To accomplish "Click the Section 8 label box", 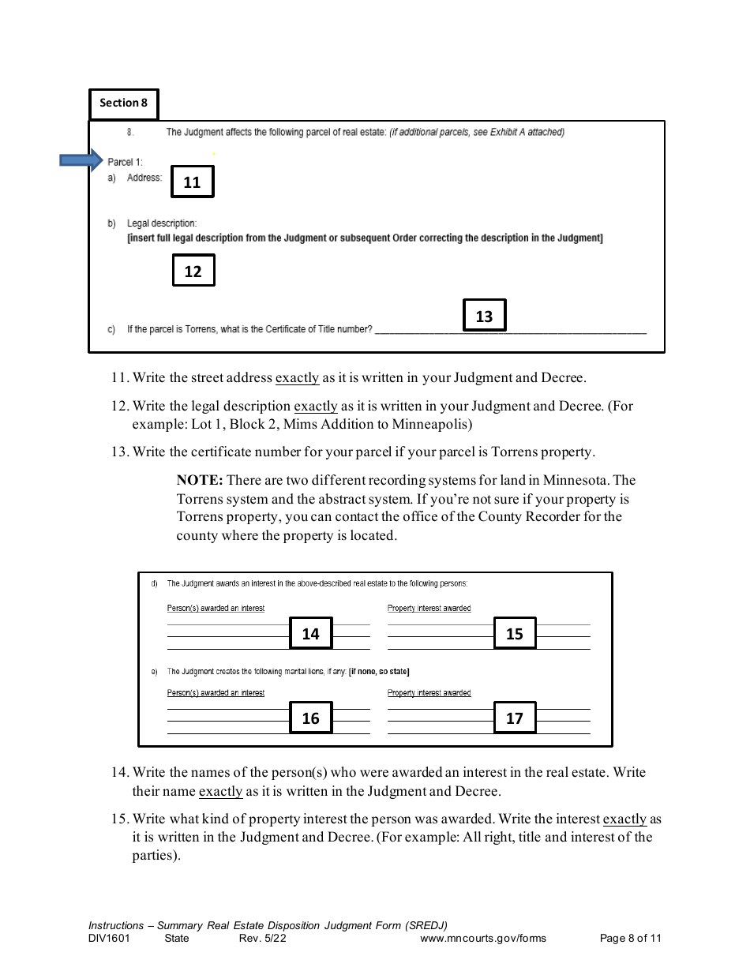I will [x=123, y=103].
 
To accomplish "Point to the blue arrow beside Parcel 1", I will [x=81, y=161].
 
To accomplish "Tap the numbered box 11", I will [x=192, y=182].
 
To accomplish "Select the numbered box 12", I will [x=193, y=271].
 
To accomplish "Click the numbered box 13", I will [x=484, y=316].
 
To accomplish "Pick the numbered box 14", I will [x=310, y=633].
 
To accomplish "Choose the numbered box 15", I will [x=514, y=633].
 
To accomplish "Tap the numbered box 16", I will [x=310, y=718].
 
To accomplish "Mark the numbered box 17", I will [x=514, y=718].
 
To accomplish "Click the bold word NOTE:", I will [x=201, y=480].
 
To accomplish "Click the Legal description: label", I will [x=162, y=223].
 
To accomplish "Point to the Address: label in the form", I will [x=144, y=178].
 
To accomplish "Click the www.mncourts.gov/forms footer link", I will [x=482, y=939].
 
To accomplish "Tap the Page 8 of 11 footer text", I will [x=630, y=939].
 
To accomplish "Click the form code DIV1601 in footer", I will [x=109, y=939].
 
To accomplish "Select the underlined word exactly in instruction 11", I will [x=297, y=377].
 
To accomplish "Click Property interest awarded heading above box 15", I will [x=429, y=608].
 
